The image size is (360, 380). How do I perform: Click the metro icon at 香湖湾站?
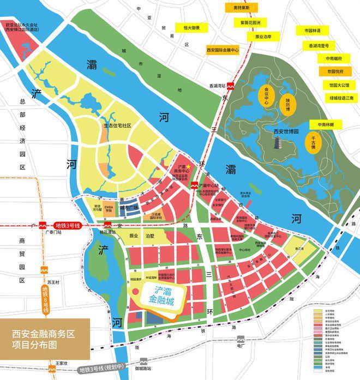[x=231, y=86]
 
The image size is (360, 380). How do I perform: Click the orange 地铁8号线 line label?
[x=45, y=299]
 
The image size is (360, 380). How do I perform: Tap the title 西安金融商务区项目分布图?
[x=39, y=339]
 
